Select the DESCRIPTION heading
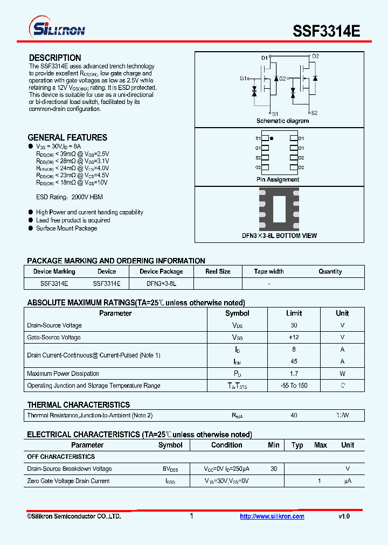(55, 58)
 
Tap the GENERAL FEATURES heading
(67, 137)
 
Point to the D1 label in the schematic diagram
(265, 58)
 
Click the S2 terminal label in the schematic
(314, 113)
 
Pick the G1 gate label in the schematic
(244, 79)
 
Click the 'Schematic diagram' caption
(282, 121)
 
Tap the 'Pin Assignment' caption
(278, 179)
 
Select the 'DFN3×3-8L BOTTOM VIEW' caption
(279, 235)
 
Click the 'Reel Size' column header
(218, 271)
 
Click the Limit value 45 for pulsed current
(294, 361)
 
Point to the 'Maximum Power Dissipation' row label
(63, 373)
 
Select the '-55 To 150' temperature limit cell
(294, 386)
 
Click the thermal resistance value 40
(294, 415)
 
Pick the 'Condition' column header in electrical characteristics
(226, 445)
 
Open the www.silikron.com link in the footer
(272, 516)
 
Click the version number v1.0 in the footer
(344, 516)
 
